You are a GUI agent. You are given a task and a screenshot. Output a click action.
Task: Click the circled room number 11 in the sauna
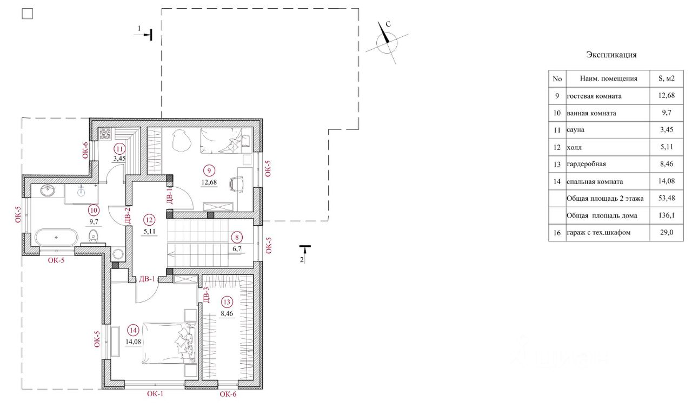click(x=119, y=149)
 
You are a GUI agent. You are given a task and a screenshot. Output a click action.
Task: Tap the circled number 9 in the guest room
click(x=209, y=170)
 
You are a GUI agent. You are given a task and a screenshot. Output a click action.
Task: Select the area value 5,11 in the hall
click(x=150, y=231)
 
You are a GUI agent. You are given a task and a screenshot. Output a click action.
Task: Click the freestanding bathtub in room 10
click(x=56, y=238)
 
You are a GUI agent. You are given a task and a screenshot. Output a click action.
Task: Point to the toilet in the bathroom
click(x=93, y=237)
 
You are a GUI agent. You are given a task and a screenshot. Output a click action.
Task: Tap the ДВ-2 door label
click(x=128, y=215)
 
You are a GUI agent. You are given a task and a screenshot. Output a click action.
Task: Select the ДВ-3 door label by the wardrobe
click(x=207, y=295)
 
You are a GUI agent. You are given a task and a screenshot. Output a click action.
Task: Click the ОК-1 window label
click(x=155, y=393)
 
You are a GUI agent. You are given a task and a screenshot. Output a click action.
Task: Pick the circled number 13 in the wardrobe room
click(x=227, y=302)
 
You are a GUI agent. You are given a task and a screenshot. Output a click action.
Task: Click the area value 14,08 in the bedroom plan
click(x=133, y=342)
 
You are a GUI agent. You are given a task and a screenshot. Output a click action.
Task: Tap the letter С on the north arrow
click(x=388, y=24)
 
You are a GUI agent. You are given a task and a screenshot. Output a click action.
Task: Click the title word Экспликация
click(x=611, y=55)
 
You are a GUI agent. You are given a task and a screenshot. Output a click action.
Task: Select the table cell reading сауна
click(x=576, y=129)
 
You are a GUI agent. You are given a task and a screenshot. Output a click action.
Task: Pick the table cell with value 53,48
click(x=667, y=198)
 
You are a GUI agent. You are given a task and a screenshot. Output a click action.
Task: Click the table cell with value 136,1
click(x=667, y=215)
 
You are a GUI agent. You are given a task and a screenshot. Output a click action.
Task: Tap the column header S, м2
click(x=667, y=78)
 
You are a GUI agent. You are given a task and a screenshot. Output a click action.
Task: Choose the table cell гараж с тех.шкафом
click(x=598, y=232)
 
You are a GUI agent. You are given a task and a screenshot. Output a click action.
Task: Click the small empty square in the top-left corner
click(x=28, y=14)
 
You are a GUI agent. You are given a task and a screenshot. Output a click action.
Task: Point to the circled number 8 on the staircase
click(x=237, y=238)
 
